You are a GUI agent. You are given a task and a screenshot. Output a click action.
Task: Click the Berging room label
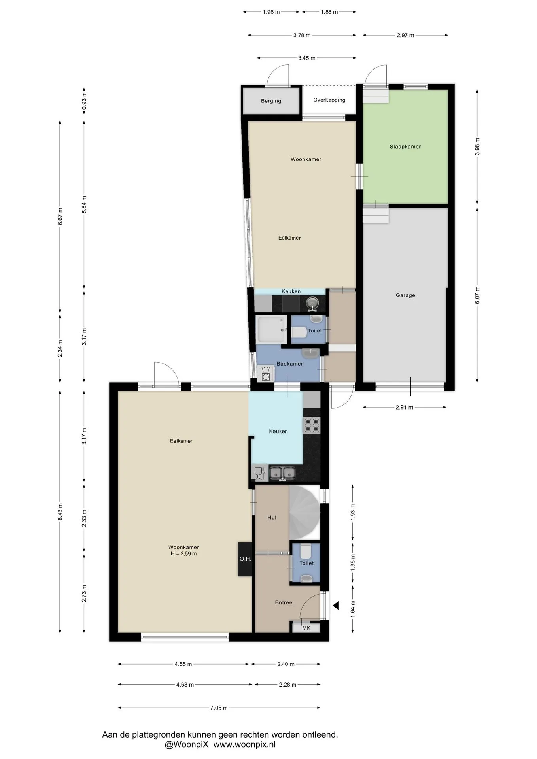coord(271,101)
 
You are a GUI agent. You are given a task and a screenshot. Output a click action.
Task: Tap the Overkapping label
coord(329,100)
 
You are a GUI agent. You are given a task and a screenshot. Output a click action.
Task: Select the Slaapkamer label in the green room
coord(405,147)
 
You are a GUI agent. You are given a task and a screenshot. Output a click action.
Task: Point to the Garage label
coord(405,295)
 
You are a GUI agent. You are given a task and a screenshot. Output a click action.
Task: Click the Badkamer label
coord(290,364)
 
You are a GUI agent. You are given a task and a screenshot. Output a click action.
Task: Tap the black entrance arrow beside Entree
coord(336,605)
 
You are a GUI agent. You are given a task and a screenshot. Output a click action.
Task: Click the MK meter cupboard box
coord(306,628)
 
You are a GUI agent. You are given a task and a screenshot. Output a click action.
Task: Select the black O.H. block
coord(245,559)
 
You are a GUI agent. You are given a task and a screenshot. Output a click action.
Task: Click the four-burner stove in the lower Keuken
coord(312,425)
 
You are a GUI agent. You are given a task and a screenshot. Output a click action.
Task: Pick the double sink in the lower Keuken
coord(282,472)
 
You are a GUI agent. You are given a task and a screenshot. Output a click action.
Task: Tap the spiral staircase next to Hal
coord(304,513)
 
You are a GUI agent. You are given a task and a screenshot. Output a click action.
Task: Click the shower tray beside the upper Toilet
coord(271,329)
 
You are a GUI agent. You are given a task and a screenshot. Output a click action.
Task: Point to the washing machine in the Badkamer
coord(266,374)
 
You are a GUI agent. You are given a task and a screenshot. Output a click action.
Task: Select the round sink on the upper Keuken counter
coord(312,304)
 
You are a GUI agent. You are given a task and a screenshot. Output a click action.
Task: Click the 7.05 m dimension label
coord(219,708)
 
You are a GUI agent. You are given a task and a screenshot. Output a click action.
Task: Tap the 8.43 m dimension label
coord(60,512)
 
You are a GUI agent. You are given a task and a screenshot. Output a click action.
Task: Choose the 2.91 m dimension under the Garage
coord(404,407)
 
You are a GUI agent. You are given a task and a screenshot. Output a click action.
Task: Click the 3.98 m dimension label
coord(477,146)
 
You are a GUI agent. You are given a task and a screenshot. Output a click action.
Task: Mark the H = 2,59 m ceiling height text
coord(183,553)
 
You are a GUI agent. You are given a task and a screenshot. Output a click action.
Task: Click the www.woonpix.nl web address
coord(244,744)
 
